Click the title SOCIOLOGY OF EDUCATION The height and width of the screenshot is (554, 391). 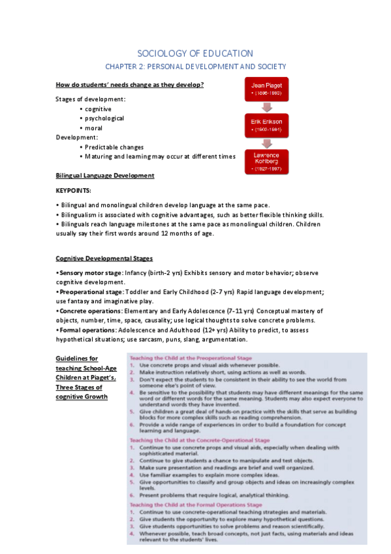[195, 53]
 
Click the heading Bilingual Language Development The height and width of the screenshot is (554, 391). [105, 175]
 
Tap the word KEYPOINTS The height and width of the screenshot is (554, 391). [74, 190]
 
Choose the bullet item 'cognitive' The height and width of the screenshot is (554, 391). [98, 109]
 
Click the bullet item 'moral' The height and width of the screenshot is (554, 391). [93, 128]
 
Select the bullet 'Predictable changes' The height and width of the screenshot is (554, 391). [114, 147]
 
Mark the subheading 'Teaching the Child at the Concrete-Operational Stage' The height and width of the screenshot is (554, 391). [200, 440]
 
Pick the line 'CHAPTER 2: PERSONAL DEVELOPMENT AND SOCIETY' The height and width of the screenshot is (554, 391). [195, 67]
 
